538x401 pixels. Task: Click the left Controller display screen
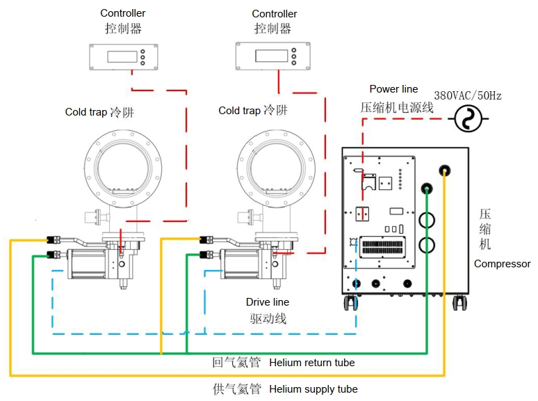tap(122, 56)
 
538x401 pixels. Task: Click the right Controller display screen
tap(271, 56)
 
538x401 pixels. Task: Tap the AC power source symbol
tap(468, 118)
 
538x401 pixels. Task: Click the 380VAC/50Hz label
tap(468, 95)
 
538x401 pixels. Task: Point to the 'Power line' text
tap(393, 89)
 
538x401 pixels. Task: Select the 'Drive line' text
tap(268, 302)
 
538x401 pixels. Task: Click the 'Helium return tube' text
tap(312, 363)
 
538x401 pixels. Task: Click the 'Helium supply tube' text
tap(313, 389)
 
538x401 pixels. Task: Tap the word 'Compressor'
tap(503, 264)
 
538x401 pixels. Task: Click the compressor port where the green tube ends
tap(427, 188)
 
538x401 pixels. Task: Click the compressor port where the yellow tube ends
tap(445, 170)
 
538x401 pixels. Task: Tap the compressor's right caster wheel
tap(459, 303)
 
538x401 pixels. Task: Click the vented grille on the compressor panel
tap(382, 247)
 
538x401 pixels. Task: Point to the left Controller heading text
tap(123, 13)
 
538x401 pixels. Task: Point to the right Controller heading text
tap(275, 14)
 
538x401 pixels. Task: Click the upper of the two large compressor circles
tap(427, 220)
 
